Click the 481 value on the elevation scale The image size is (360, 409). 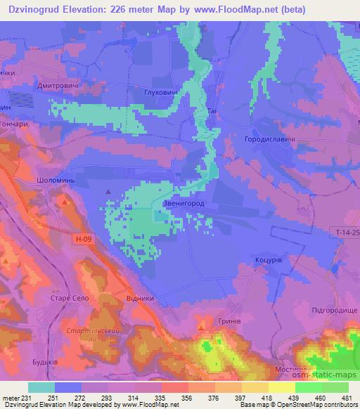pyautogui.click(x=347, y=398)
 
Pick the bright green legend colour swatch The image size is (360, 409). pyautogui.click(x=308, y=387)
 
